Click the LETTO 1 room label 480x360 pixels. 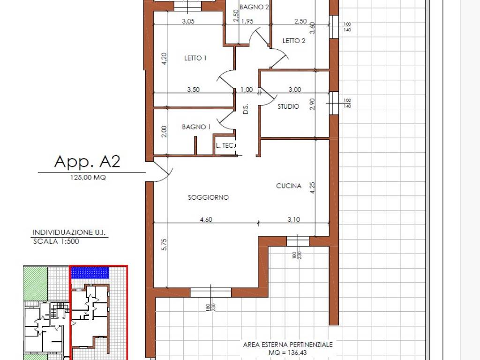tap(195, 58)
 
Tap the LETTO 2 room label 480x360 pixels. tap(294, 41)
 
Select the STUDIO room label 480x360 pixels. tap(288, 106)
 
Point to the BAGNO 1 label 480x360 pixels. tap(196, 127)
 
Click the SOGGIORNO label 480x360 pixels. tap(208, 197)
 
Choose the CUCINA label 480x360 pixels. tap(289, 186)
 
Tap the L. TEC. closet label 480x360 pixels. tap(225, 145)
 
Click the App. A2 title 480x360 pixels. tap(87, 161)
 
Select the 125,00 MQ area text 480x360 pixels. tap(88, 177)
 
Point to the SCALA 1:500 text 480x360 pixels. tap(56, 241)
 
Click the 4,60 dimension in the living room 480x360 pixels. tap(206, 219)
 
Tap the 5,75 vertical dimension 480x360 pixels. tap(164, 245)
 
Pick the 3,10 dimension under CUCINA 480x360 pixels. tap(293, 219)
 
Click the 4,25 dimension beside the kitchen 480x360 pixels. tap(312, 187)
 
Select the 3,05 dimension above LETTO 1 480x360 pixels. tap(188, 21)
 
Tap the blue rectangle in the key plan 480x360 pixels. tap(90, 272)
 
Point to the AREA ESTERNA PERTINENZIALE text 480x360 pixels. tap(288, 345)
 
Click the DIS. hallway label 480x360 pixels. tap(246, 109)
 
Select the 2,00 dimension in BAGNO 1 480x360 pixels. tap(164, 132)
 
